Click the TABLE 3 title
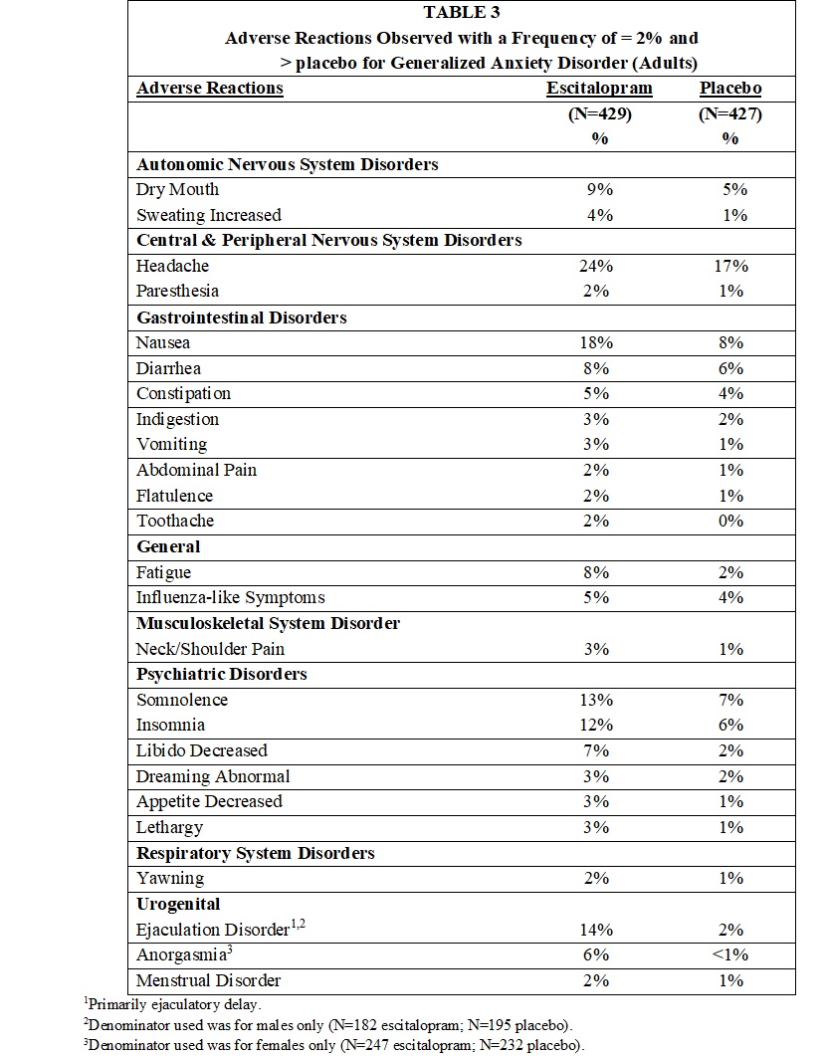(x=462, y=12)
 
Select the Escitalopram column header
(x=600, y=88)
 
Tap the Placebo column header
(x=730, y=88)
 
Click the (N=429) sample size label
(x=600, y=113)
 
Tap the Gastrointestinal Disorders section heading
(x=242, y=317)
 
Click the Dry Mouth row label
(x=178, y=189)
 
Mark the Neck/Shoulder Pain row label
(x=210, y=649)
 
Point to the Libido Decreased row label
(x=202, y=750)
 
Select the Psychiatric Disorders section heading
(x=221, y=674)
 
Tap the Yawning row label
(x=170, y=878)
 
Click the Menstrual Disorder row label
(x=208, y=980)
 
